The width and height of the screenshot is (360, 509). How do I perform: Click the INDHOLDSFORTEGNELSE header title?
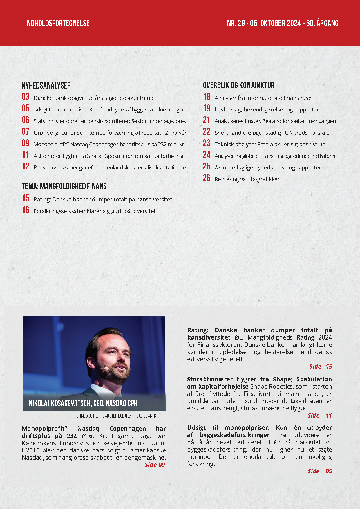coord(57,23)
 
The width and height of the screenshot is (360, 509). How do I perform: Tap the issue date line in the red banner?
coord(283,23)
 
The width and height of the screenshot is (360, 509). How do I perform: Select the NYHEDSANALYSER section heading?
coord(46,86)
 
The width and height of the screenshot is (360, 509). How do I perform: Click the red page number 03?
coord(26,97)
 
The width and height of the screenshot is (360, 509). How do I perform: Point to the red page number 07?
coord(26,131)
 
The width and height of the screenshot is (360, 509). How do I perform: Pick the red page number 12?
coord(26,166)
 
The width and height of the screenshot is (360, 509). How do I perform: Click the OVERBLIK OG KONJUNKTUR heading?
coord(238,85)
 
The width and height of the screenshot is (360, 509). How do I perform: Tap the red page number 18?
coord(207,97)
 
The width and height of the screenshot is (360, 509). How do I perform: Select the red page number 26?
coord(207,178)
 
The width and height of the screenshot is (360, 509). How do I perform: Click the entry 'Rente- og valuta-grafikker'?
coord(247,179)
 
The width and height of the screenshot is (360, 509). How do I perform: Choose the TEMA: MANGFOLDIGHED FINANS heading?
coord(64,186)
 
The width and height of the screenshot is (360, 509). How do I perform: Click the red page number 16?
coord(26,210)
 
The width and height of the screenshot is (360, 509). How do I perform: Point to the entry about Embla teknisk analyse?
coord(270,145)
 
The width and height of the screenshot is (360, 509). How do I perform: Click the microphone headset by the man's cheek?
coord(106,369)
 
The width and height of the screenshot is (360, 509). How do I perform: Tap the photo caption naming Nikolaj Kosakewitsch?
coord(83,403)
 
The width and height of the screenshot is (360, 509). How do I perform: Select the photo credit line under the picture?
coord(117,416)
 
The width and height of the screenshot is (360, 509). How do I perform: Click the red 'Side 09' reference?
coord(155,465)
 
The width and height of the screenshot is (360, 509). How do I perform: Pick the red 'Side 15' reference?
coord(320,367)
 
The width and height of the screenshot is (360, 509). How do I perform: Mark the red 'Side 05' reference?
coord(320,471)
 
